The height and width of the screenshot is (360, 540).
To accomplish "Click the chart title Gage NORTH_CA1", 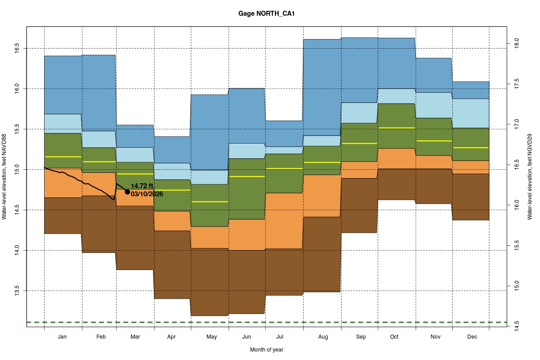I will [x=266, y=14].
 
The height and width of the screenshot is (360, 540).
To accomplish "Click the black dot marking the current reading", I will [x=127, y=192].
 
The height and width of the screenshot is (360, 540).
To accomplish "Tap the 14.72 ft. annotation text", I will [x=143, y=186].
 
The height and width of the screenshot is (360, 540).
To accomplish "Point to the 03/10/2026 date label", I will [x=147, y=194].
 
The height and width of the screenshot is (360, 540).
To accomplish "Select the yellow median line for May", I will [x=210, y=202].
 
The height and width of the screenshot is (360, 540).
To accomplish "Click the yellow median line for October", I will [x=396, y=128].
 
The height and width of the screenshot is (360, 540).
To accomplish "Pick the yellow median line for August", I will [x=322, y=162].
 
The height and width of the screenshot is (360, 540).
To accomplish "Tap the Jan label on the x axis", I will [x=63, y=337].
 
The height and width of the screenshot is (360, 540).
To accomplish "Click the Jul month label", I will [x=279, y=337].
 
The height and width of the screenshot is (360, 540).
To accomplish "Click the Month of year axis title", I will [x=266, y=350].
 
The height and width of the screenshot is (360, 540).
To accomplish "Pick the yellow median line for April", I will [x=172, y=190].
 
